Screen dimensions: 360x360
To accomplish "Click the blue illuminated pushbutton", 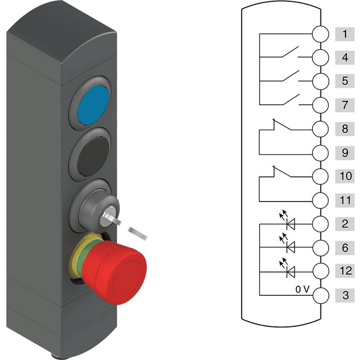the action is coord(93,105).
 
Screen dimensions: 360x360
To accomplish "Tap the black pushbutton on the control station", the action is coord(93,157).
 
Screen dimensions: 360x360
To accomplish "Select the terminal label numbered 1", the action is coord(344,34).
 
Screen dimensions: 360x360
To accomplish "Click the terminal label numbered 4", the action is coord(344,58).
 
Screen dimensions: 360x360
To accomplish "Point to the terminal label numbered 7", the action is coord(344,105).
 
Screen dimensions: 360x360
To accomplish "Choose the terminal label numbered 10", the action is coord(344,176).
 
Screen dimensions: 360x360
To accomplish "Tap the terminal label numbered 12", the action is coord(344,271).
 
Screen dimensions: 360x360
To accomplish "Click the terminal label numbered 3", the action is coord(344,295).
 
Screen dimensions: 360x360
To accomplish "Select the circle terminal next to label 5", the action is coord(320,81).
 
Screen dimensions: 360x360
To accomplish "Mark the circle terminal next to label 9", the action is coord(320,152).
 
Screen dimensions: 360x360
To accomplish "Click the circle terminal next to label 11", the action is coord(320,200).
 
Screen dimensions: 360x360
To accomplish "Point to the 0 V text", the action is coord(302,289).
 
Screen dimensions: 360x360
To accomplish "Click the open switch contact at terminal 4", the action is coord(290,52).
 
